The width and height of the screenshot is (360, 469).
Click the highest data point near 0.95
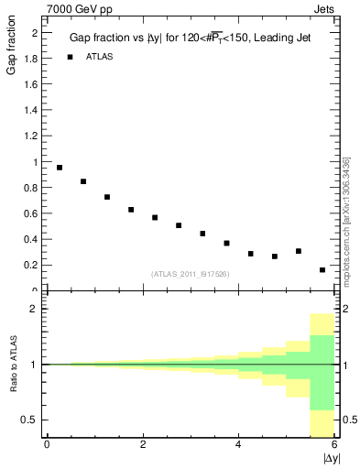click(x=60, y=168)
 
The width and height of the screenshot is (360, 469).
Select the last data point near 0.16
click(x=322, y=270)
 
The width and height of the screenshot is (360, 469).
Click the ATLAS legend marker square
click(x=69, y=57)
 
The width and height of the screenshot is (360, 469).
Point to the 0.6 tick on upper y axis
click(x=30, y=213)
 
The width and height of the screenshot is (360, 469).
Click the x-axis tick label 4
click(x=238, y=444)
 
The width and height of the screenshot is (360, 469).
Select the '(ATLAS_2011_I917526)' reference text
click(x=190, y=274)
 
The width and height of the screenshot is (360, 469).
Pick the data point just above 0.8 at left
click(x=83, y=181)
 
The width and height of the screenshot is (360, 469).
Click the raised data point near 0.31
click(x=299, y=251)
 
